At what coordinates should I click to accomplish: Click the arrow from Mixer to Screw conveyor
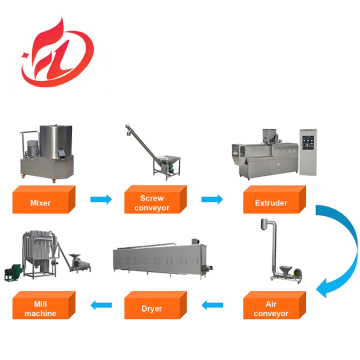101,200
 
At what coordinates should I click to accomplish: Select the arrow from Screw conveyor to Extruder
211,200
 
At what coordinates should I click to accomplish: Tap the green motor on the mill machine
22,272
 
